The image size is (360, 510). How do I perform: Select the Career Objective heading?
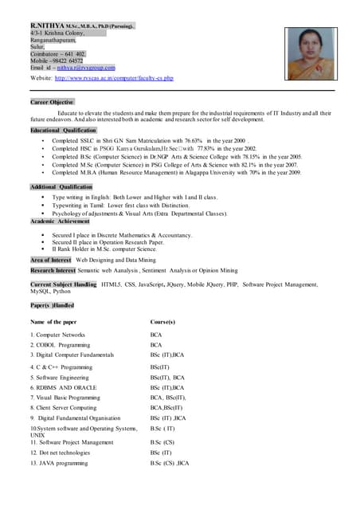pos(52,102)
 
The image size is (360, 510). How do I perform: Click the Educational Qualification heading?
pos(63,130)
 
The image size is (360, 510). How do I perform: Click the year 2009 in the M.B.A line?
pos(294,172)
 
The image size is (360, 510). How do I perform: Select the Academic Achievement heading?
pos(60,221)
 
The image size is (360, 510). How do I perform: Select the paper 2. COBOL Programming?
pos(60,344)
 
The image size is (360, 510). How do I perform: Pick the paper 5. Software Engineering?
pos(60,377)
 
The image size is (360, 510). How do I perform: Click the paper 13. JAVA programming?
pos(59,462)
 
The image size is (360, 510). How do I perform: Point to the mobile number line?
pos(57,60)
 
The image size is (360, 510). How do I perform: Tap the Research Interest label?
pos(53,270)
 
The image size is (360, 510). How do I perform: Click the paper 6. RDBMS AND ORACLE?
pos(63,387)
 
